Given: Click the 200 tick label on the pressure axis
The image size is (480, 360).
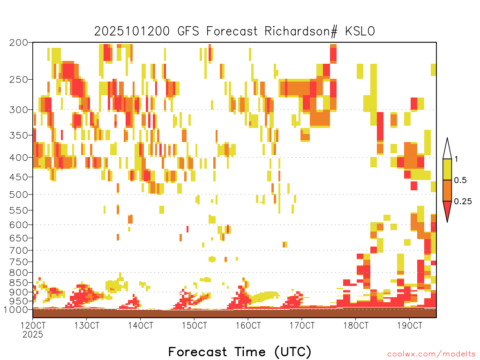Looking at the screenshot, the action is [x=18, y=43].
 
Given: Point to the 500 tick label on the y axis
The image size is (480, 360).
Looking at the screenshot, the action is [x=18, y=195].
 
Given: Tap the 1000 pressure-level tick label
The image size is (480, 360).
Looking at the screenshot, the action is [x=16, y=309].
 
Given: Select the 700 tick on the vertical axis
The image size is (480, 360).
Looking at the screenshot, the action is [x=18, y=250].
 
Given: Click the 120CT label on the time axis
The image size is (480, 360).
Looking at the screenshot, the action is [x=33, y=325].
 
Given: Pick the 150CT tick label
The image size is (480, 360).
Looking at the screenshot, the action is [x=195, y=325].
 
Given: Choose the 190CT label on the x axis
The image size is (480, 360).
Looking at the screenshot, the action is [x=410, y=325].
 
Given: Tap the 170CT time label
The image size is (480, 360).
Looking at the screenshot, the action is [x=302, y=325].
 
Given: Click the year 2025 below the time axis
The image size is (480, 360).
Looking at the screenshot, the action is [x=33, y=334].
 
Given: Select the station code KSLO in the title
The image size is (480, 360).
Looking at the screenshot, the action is [x=360, y=31].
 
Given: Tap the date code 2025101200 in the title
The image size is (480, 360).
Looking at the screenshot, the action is [x=132, y=31].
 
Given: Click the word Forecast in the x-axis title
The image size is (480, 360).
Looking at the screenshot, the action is [x=198, y=352].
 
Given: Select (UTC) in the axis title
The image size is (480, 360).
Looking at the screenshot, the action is [x=293, y=352].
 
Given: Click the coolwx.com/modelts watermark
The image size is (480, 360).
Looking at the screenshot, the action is [x=432, y=354].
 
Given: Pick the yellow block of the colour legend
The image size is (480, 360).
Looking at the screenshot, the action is [x=447, y=169].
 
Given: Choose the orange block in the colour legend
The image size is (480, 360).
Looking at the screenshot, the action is [x=447, y=190].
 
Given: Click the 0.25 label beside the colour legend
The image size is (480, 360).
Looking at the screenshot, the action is [x=463, y=202].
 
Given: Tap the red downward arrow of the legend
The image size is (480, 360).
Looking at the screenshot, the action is [x=447, y=210].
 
